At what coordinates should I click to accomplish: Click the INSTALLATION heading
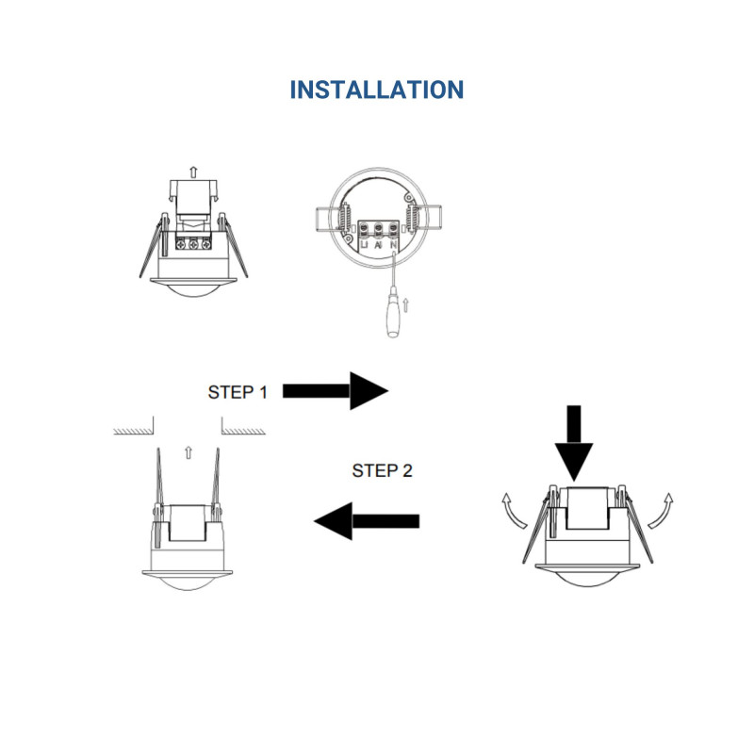[376, 90]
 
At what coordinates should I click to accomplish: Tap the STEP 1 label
[237, 392]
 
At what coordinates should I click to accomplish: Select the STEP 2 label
[382, 470]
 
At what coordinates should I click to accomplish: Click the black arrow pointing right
[335, 389]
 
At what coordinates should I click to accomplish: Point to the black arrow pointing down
[574, 442]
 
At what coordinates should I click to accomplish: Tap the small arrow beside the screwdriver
[406, 304]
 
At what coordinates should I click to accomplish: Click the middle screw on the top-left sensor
[194, 244]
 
